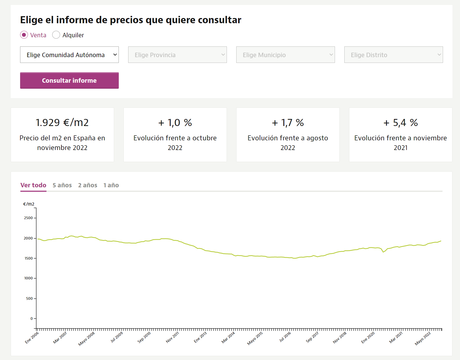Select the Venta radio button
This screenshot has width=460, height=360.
[24, 35]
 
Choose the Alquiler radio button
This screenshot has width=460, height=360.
[56, 35]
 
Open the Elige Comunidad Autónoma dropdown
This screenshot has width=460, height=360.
[69, 55]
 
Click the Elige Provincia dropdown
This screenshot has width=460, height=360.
[178, 55]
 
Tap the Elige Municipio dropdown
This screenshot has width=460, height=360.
[286, 55]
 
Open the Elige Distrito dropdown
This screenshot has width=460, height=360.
[394, 55]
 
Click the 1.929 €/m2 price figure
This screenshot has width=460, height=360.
[62, 123]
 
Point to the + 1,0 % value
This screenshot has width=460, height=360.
[175, 123]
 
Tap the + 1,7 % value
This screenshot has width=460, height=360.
[288, 123]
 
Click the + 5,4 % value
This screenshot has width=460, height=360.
[401, 123]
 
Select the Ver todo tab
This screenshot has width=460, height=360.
[33, 185]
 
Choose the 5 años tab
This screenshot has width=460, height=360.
[62, 185]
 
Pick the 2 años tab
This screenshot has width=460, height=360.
[88, 185]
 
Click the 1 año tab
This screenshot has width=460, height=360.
[111, 185]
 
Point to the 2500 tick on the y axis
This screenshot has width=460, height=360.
[28, 218]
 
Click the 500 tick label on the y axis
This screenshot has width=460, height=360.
[29, 298]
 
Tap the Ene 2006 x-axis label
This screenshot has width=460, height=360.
[32, 338]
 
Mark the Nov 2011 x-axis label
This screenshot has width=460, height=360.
[172, 337]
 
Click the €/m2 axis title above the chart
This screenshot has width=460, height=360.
[29, 204]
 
